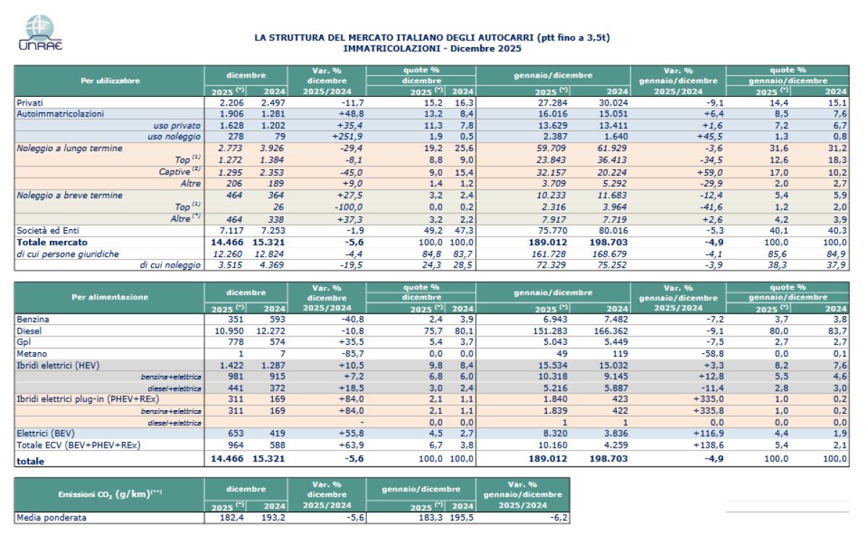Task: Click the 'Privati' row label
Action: click(x=30, y=103)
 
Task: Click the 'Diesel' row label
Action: click(x=28, y=331)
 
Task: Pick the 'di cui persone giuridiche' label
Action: click(x=69, y=253)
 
